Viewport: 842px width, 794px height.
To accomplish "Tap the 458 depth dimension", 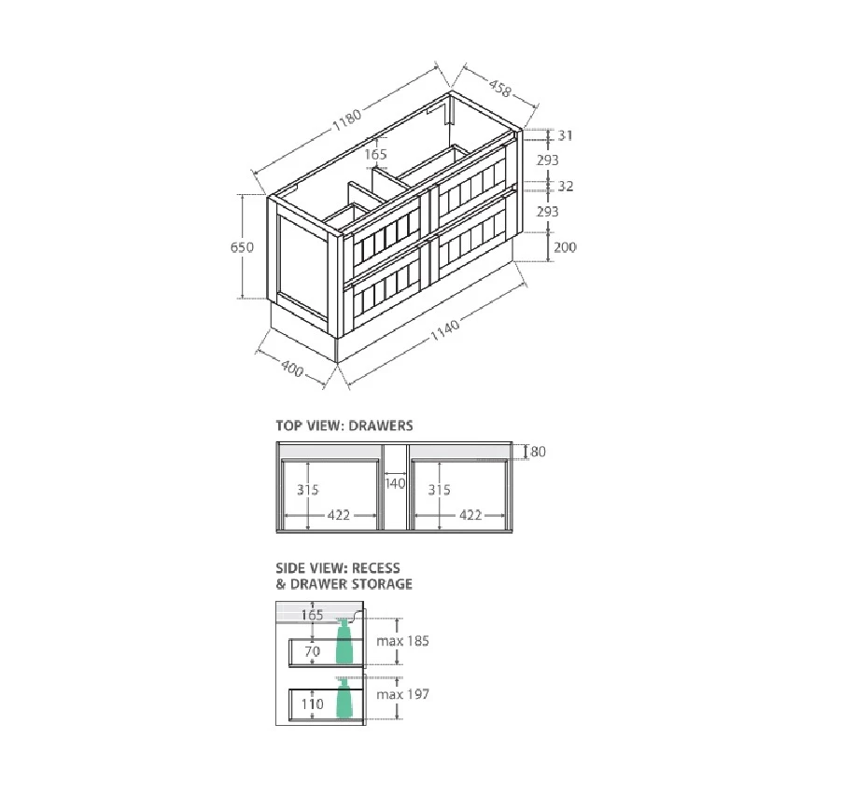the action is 500,88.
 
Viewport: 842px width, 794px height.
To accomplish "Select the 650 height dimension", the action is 242,247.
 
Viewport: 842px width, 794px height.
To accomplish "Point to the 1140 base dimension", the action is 445,330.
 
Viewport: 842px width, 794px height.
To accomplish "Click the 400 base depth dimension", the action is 292,369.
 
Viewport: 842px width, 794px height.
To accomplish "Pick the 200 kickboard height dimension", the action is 565,247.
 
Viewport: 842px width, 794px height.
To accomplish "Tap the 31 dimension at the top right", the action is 565,135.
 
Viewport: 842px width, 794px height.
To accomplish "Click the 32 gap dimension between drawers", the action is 566,186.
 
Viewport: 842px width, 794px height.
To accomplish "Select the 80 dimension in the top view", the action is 538,452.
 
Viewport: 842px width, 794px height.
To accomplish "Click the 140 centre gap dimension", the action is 395,483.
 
